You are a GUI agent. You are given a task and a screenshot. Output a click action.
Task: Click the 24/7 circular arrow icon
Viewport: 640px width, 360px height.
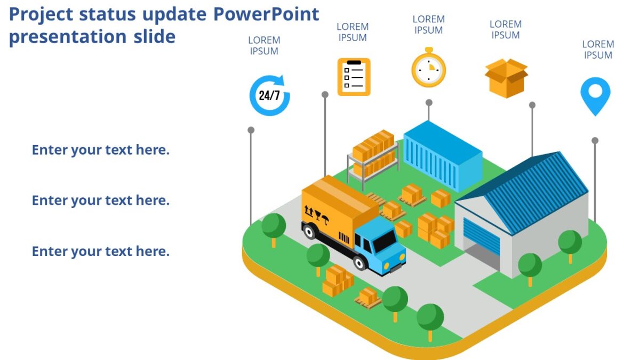(269, 95)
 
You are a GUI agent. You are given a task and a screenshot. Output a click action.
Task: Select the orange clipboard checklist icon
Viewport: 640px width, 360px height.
(354, 77)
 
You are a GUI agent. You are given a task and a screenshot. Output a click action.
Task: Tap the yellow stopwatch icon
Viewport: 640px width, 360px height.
(428, 68)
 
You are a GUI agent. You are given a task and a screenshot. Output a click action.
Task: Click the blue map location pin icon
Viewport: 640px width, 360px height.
(595, 95)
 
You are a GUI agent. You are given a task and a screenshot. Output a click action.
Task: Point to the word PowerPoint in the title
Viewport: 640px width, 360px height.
(266, 14)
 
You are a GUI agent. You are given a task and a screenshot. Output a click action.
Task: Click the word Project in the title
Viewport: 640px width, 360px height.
(41, 14)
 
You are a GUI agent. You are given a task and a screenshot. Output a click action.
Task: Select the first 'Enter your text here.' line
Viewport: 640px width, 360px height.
(100, 150)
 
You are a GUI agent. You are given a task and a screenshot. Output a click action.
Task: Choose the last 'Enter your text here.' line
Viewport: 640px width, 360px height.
(100, 251)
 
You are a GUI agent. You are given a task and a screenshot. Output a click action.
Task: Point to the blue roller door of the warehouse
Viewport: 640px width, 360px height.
(482, 235)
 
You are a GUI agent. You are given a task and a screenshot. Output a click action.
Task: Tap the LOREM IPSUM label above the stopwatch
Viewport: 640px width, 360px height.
(428, 25)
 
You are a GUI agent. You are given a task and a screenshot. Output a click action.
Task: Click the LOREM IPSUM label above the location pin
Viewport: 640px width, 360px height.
(598, 50)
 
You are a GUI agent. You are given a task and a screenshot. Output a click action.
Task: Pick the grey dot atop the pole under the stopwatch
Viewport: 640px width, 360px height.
(429, 102)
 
